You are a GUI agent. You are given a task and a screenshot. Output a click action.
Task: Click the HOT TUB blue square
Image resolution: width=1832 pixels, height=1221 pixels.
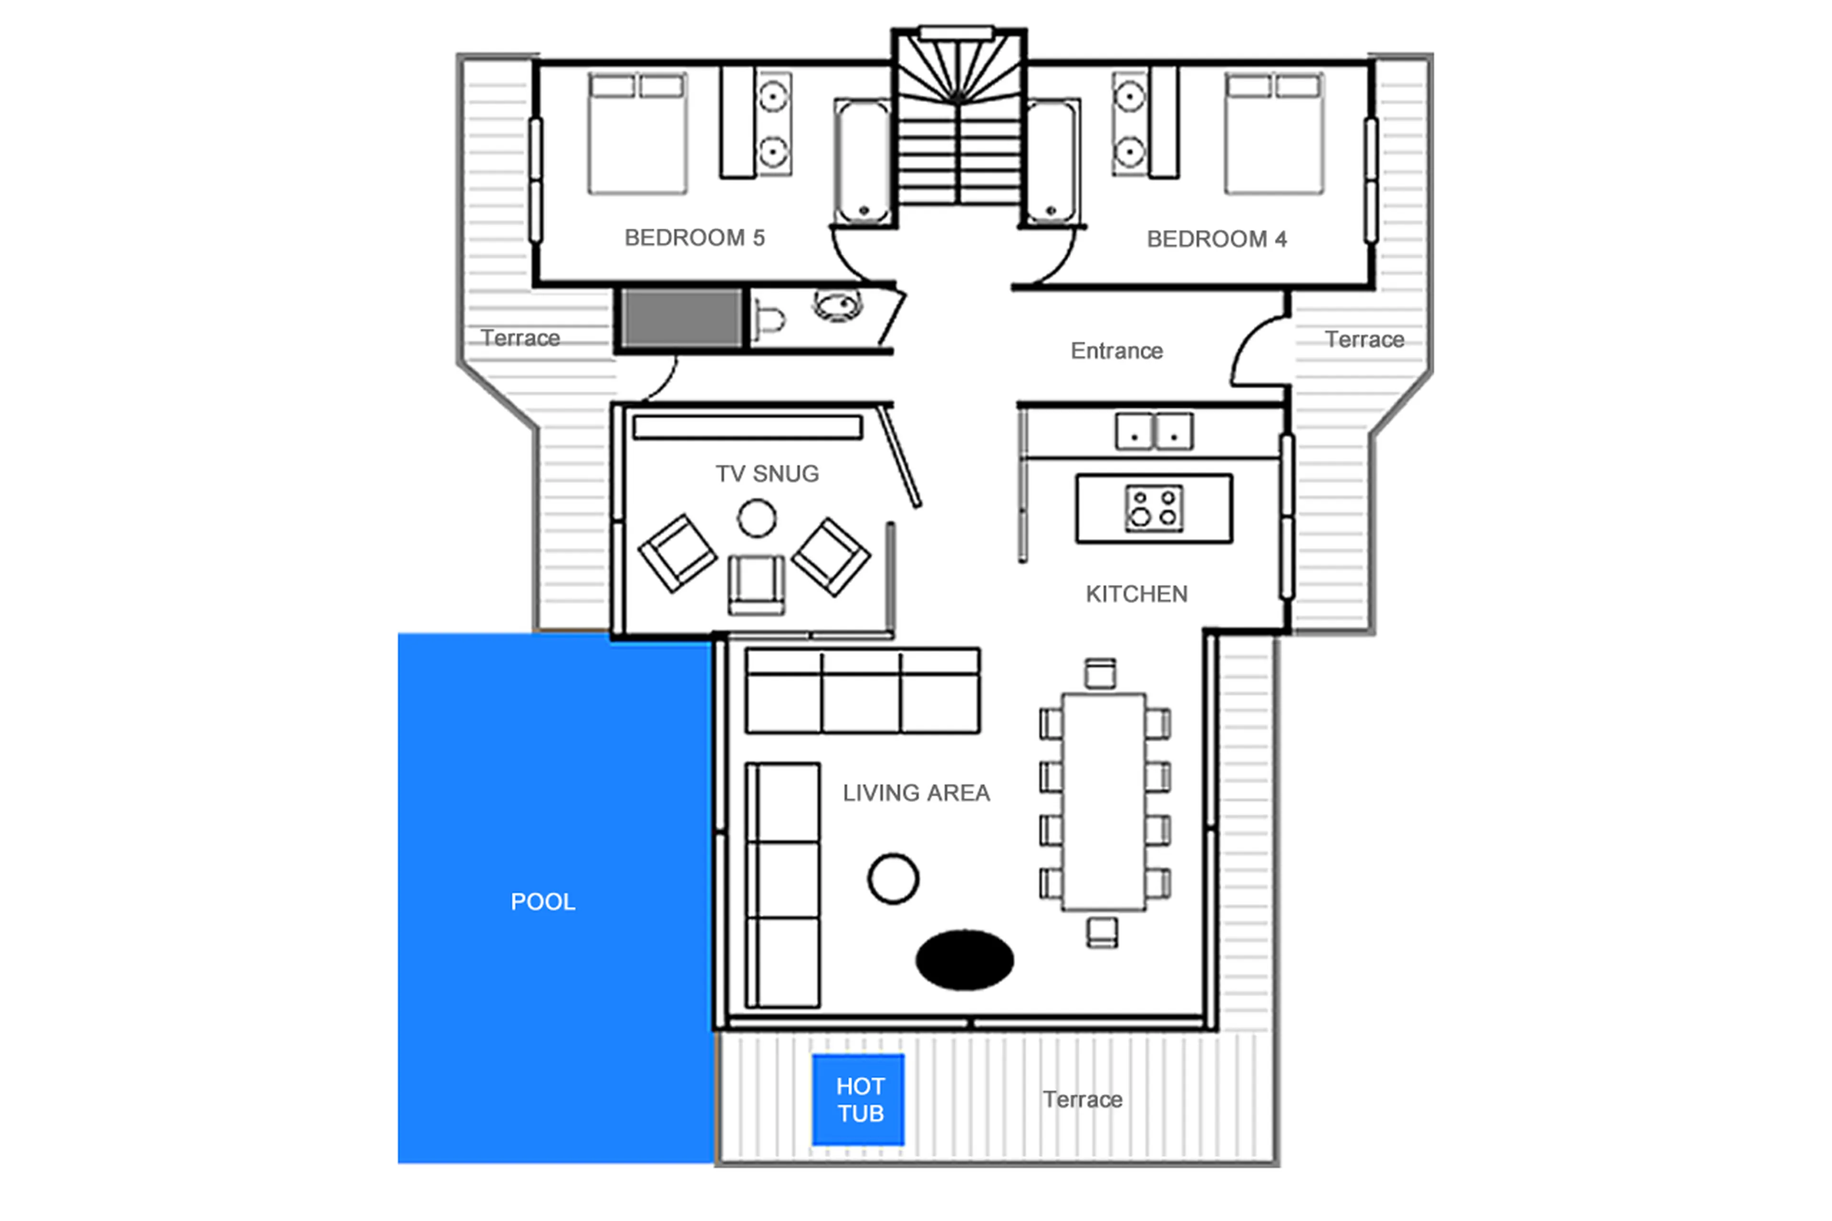(857, 1099)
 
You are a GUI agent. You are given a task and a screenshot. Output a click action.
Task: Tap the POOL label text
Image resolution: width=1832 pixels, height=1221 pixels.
(542, 902)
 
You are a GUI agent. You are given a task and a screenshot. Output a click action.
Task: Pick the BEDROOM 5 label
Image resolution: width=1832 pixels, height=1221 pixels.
(695, 238)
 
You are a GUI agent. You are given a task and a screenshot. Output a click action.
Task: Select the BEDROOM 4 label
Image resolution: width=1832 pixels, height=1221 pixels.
(1216, 239)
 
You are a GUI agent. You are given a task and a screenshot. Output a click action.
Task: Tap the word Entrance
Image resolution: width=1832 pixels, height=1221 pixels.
(1116, 351)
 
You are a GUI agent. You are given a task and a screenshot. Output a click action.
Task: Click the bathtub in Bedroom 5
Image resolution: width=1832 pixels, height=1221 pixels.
(862, 162)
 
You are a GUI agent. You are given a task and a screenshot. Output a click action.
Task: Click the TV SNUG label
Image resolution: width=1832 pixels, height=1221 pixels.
(767, 473)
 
